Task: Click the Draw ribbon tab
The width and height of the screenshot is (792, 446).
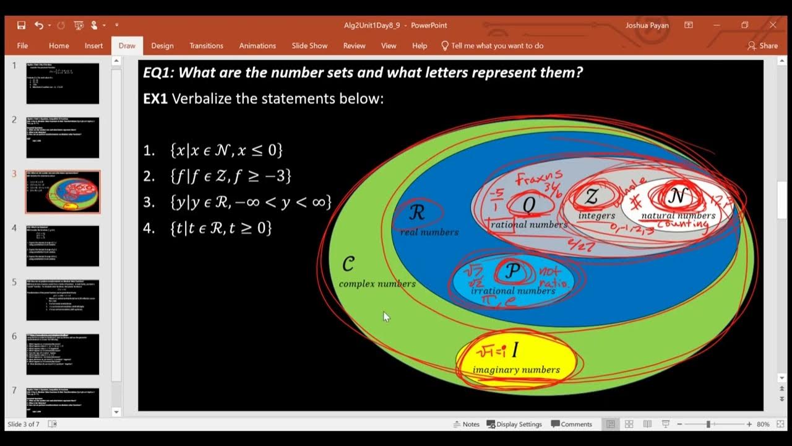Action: click(x=127, y=46)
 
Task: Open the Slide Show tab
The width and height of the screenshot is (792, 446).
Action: click(x=309, y=46)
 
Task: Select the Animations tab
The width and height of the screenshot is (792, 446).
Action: click(x=257, y=46)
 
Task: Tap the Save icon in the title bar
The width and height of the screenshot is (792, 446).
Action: click(x=22, y=25)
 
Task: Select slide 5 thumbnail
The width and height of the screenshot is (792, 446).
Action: click(x=62, y=300)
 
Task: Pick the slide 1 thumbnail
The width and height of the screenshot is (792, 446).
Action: click(x=62, y=83)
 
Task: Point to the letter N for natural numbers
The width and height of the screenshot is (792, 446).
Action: click(x=677, y=197)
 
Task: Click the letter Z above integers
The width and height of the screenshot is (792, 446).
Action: click(x=592, y=198)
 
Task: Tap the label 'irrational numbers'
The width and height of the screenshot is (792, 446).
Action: click(x=513, y=291)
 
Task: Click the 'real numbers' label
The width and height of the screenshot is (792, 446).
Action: click(x=429, y=232)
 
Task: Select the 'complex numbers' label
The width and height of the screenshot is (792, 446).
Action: click(x=377, y=284)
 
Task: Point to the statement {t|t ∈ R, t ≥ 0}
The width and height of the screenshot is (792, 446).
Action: click(x=220, y=228)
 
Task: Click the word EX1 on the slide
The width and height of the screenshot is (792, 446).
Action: click(x=155, y=99)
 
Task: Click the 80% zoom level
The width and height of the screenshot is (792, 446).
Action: click(x=763, y=424)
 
